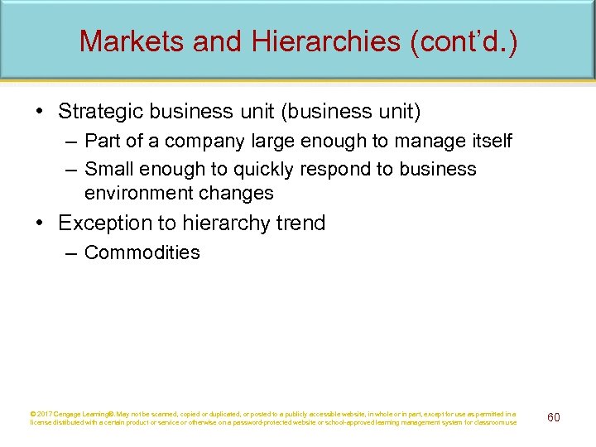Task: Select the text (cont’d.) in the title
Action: tap(464, 41)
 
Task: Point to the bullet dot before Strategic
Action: tap(42, 111)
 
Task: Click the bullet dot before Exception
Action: tap(42, 223)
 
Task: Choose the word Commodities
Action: tap(142, 253)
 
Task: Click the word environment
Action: tap(137, 194)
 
